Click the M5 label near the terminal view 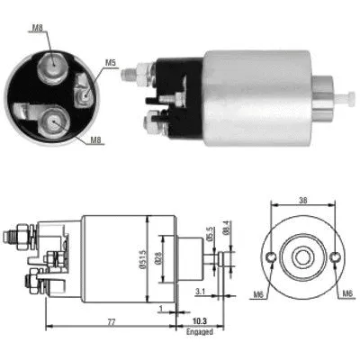(x=110, y=62)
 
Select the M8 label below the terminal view (x=95, y=139)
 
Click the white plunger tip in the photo (x=345, y=93)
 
